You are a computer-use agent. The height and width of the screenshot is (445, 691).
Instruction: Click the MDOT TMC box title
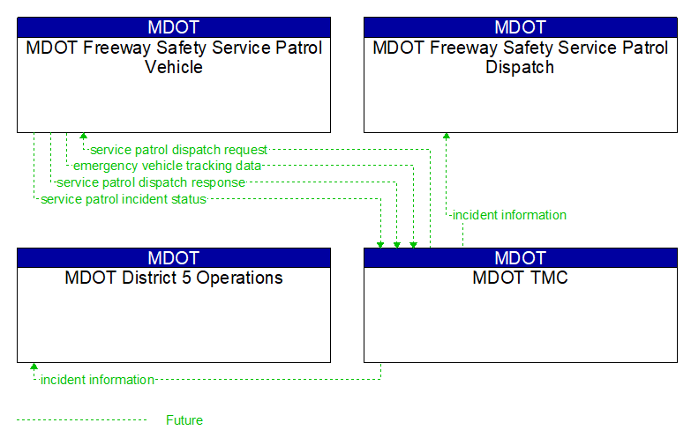(520, 278)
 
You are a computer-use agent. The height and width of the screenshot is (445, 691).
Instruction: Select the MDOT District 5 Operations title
(174, 278)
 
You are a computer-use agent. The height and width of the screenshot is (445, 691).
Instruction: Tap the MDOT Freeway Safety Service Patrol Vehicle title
(174, 57)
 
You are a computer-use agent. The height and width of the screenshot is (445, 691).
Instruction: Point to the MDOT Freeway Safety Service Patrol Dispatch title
(520, 57)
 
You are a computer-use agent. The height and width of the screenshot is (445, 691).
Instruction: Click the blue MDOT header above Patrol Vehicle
(174, 27)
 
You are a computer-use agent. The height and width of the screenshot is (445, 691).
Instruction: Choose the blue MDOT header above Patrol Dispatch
(520, 27)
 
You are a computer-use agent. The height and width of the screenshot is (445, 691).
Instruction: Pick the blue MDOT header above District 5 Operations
(174, 258)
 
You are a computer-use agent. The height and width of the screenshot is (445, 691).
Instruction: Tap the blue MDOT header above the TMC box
(520, 258)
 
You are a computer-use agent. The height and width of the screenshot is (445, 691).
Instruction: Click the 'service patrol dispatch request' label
(179, 150)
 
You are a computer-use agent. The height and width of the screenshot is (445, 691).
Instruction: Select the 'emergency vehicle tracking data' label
(167, 166)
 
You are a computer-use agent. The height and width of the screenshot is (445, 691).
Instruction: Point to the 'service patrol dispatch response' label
(151, 182)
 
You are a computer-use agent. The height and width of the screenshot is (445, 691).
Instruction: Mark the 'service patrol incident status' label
(124, 199)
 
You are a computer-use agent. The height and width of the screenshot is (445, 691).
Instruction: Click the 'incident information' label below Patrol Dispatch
(509, 215)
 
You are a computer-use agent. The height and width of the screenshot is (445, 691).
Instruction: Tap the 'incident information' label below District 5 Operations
(97, 380)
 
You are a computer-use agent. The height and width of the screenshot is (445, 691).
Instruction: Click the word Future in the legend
(184, 420)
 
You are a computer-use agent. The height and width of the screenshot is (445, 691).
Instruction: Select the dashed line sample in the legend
(81, 420)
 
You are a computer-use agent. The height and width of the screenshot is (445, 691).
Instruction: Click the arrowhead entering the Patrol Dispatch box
(446, 137)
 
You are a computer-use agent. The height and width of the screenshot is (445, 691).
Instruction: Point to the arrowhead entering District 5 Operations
(34, 367)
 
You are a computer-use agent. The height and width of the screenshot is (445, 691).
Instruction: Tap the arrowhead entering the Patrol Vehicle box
(83, 137)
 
